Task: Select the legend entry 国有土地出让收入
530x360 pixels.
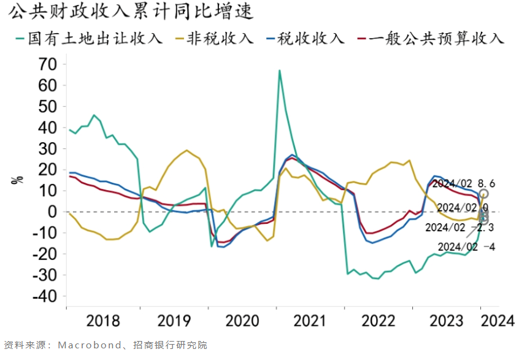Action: click(x=89, y=38)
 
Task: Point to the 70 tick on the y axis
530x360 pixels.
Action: click(x=47, y=64)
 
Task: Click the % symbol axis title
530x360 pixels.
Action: click(x=18, y=180)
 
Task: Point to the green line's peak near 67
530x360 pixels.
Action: click(x=280, y=71)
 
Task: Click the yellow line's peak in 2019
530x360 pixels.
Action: click(x=186, y=150)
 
